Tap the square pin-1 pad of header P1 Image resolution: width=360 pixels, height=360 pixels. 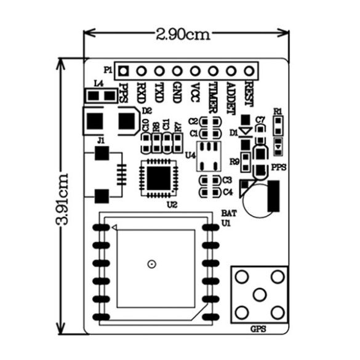coord(123,71)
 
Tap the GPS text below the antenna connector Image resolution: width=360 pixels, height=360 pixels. coord(258,329)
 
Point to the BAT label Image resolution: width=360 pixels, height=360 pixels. coord(227,214)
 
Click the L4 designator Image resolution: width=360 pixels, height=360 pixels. coord(98,84)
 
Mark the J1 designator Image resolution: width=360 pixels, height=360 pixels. coord(101,141)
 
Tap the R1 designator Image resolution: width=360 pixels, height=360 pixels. coord(278,111)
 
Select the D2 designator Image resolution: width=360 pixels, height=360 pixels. coord(146,111)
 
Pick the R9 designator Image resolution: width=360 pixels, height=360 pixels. coord(234,162)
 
